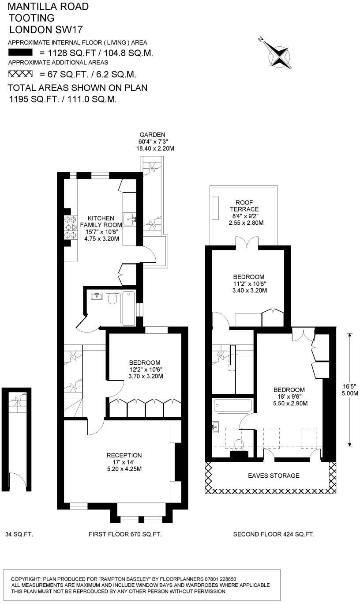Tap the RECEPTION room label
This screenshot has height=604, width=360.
[x=124, y=455]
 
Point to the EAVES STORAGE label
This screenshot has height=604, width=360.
[x=274, y=476]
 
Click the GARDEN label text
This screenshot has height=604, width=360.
[x=152, y=135]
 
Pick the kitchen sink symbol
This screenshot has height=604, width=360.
[x=129, y=218]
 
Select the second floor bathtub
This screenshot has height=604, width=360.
[x=232, y=405]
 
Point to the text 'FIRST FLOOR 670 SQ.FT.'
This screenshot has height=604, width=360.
[x=125, y=534]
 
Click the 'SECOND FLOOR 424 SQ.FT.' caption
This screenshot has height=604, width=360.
[x=274, y=534]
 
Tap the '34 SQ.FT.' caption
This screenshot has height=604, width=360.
[x=19, y=534]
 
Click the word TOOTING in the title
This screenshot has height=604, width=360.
[x=31, y=18]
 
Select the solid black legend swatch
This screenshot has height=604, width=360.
[x=20, y=52]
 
